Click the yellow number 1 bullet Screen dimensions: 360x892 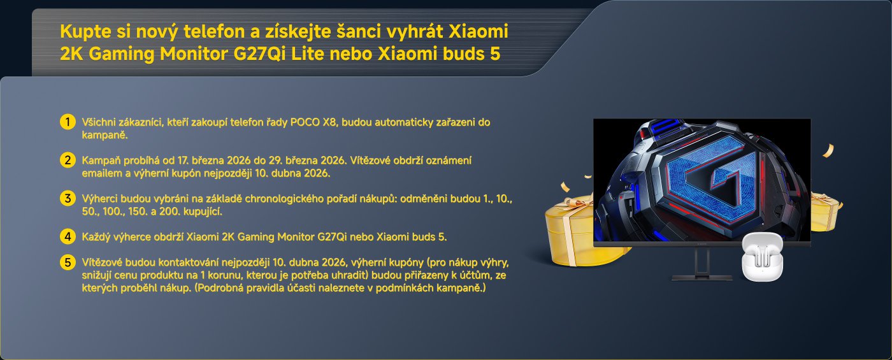click(67, 122)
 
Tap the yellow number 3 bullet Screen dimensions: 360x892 click(67, 198)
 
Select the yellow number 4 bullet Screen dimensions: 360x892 click(67, 236)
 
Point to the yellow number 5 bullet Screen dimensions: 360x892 click(67, 262)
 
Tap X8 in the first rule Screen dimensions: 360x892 click(329, 122)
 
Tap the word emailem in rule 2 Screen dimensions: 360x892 click(97, 173)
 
